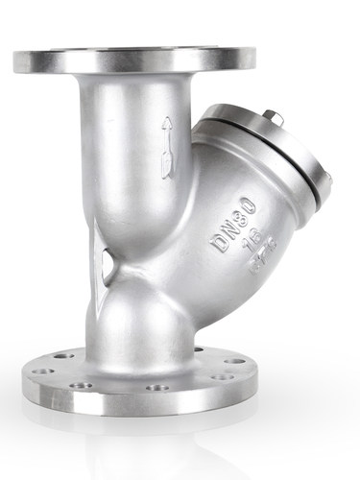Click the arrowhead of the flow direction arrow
[x=167, y=124]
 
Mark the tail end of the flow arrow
[x=167, y=173]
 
